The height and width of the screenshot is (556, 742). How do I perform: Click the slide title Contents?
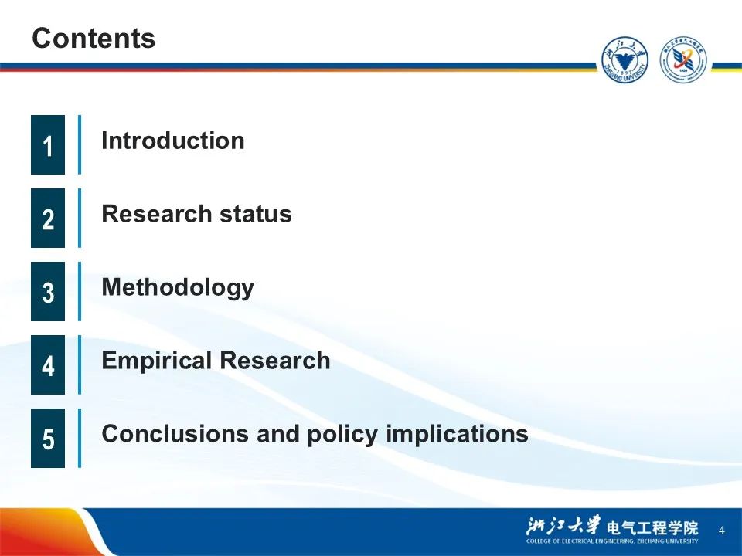pos(94,38)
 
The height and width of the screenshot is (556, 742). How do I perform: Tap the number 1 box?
pos(48,144)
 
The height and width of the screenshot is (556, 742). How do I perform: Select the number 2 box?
pos(48,218)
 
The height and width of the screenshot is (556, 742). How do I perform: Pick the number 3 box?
pos(48,291)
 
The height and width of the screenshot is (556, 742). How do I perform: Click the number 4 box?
pos(48,364)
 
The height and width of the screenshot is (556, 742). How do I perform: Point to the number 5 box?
pos(48,438)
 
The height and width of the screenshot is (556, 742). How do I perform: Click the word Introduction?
pos(172,141)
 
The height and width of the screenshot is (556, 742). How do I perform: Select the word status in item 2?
pos(256,214)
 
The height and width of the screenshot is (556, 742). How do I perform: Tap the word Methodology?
pos(178,288)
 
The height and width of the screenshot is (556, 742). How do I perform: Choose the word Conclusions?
pos(175,433)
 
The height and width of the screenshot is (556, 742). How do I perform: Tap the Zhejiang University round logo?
pos(625,60)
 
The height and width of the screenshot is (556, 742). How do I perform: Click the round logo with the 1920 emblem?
pos(682,60)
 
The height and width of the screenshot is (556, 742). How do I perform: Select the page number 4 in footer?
pos(721,530)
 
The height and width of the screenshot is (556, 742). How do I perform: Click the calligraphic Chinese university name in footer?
pos(563,525)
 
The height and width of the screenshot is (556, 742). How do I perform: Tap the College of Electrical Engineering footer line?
pos(612,541)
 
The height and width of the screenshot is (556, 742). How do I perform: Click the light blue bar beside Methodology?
pos(80,291)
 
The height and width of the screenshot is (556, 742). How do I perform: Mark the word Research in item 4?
pos(275,361)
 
